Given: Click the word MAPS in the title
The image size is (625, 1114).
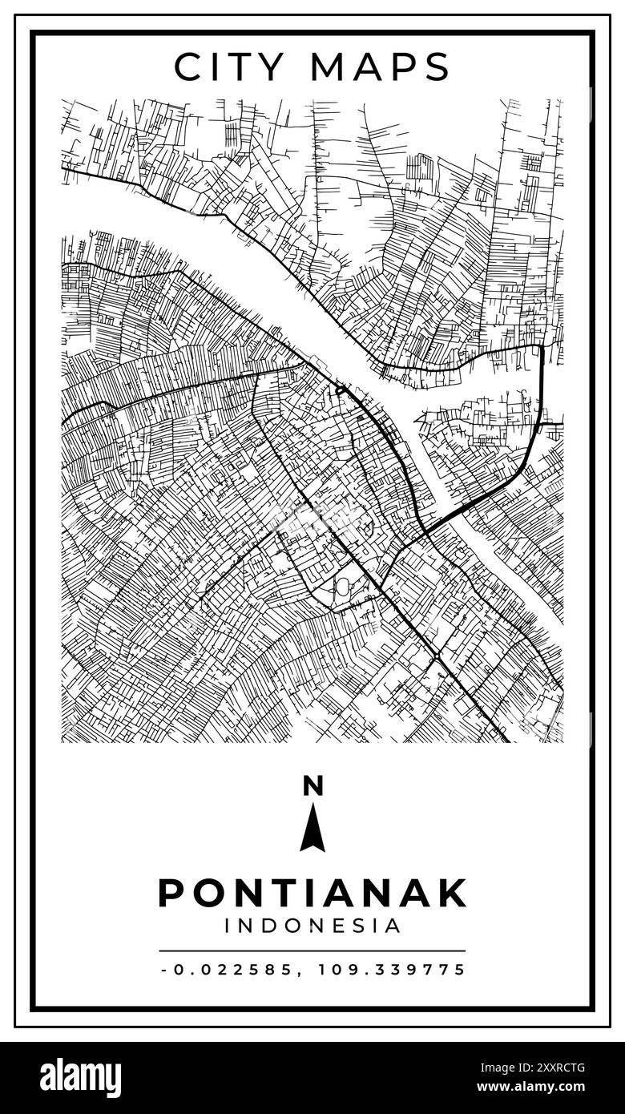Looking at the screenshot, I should [x=381, y=67].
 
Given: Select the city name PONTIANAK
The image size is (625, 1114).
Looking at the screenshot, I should [x=312, y=893].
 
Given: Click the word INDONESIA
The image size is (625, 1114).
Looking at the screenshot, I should [x=312, y=926].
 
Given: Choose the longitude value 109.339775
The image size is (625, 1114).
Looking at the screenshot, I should [x=392, y=970].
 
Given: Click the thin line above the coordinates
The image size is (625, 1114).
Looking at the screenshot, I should [x=312, y=951].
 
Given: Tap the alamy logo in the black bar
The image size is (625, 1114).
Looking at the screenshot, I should [x=80, y=1078].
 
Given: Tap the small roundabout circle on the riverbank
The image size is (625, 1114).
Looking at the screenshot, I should [x=340, y=390].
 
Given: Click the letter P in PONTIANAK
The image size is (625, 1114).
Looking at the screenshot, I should [x=171, y=893].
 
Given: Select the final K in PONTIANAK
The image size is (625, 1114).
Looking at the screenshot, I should [x=453, y=893].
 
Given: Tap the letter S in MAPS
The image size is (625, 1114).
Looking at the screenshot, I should [x=437, y=67].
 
